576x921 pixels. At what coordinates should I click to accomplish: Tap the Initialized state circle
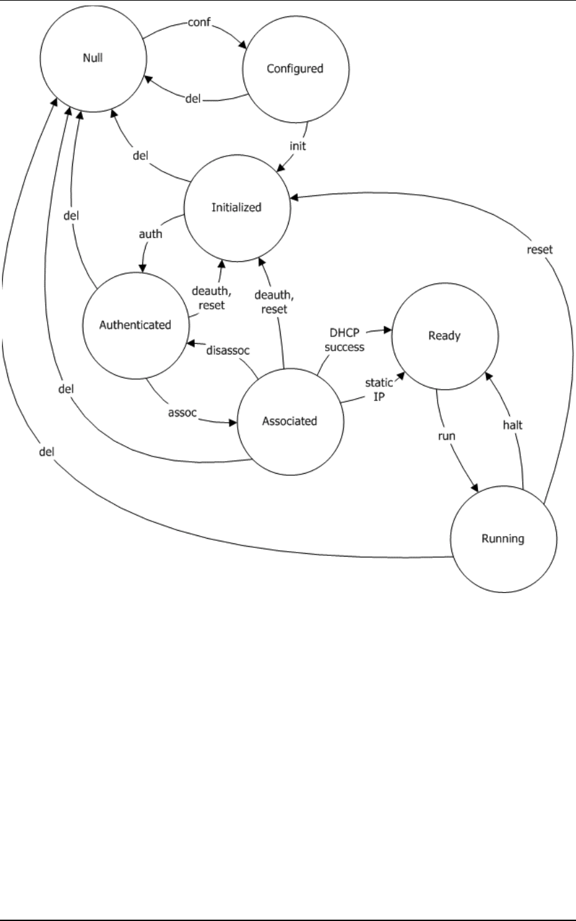click(x=236, y=207)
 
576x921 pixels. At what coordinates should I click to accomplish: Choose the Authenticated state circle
click(x=134, y=325)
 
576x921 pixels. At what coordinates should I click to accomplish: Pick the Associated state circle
click(x=289, y=421)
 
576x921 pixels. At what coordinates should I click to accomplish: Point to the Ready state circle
click(x=444, y=336)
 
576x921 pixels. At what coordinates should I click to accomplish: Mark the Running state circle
click(x=503, y=539)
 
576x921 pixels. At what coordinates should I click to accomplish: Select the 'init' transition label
click(x=298, y=146)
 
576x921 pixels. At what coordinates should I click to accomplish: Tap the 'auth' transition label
click(x=150, y=234)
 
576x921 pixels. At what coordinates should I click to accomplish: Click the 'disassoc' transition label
click(x=227, y=351)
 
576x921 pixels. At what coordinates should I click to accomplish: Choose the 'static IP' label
click(x=379, y=390)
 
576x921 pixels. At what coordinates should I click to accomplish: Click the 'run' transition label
click(x=447, y=437)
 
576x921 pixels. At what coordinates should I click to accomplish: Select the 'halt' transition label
click(x=512, y=425)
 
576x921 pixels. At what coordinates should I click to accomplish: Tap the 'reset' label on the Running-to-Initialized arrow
click(x=540, y=250)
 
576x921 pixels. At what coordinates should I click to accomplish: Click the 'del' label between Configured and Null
click(x=193, y=99)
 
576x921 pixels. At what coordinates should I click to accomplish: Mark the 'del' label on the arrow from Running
click(x=46, y=452)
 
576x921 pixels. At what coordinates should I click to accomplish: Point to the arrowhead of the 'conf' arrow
click(x=246, y=46)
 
